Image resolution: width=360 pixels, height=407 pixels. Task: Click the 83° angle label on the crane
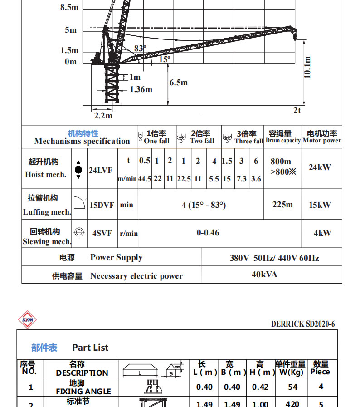[140, 48]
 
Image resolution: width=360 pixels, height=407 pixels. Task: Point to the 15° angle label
[164, 59]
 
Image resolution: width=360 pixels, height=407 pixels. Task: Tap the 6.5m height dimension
[178, 83]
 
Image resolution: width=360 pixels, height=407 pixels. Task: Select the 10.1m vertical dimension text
[307, 67]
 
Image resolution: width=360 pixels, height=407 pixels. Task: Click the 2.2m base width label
[103, 116]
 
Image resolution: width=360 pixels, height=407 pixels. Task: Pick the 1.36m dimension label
[141, 89]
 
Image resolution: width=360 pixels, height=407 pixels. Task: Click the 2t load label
[297, 110]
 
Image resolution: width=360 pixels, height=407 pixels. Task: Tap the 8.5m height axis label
[69, 8]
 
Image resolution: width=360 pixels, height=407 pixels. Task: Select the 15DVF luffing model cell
[100, 205]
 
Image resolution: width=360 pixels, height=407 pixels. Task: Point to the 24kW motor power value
[320, 167]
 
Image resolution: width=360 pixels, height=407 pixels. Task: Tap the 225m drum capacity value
[282, 205]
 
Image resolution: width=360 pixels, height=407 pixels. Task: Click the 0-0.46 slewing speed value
[208, 233]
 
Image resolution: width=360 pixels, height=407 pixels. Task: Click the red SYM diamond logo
[27, 320]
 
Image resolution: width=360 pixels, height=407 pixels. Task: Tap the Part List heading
[90, 348]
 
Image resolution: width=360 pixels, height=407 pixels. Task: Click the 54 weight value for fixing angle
[293, 387]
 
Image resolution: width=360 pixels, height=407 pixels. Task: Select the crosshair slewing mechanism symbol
[79, 232]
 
